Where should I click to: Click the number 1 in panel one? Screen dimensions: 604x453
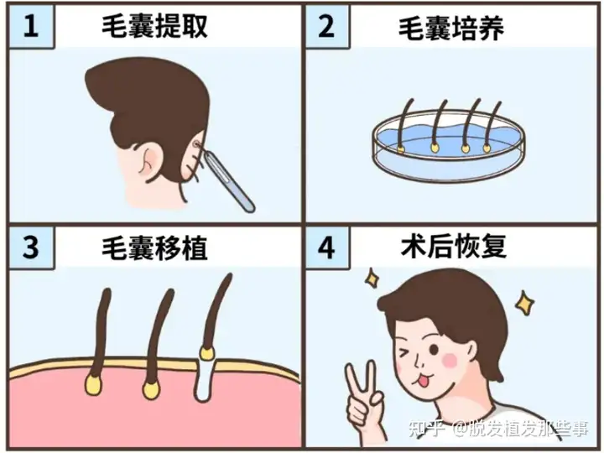click(31, 26)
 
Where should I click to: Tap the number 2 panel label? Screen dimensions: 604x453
click(326, 26)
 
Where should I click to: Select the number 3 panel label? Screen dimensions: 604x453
click(31, 247)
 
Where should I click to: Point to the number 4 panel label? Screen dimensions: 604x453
click(326, 247)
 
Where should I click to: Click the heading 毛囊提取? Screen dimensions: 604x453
click(155, 26)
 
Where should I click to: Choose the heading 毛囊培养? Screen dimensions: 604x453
click(451, 29)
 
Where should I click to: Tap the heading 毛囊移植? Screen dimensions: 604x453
click(155, 248)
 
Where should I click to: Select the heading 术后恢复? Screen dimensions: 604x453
click(454, 246)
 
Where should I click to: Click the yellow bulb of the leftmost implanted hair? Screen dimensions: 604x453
click(94, 384)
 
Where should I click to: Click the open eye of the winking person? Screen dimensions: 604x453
click(434, 350)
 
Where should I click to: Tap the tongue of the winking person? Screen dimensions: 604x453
click(424, 383)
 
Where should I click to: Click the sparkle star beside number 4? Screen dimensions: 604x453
click(372, 277)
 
